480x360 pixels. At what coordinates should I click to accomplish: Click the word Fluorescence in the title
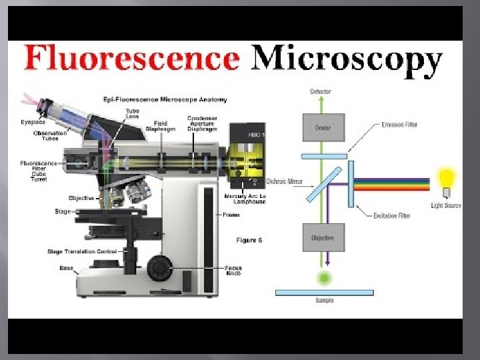point(131,59)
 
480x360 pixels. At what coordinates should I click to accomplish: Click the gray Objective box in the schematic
point(323,238)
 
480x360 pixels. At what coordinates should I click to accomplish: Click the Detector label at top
point(321,91)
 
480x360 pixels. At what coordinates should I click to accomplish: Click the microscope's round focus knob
point(160,268)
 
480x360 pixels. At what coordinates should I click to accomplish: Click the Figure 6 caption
point(249,239)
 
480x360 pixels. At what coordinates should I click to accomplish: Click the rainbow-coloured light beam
point(393,184)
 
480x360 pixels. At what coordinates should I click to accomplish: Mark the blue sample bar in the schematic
point(324,292)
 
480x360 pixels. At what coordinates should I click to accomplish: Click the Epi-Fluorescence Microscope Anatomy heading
point(165,99)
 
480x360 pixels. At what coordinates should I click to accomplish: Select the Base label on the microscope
point(67,268)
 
